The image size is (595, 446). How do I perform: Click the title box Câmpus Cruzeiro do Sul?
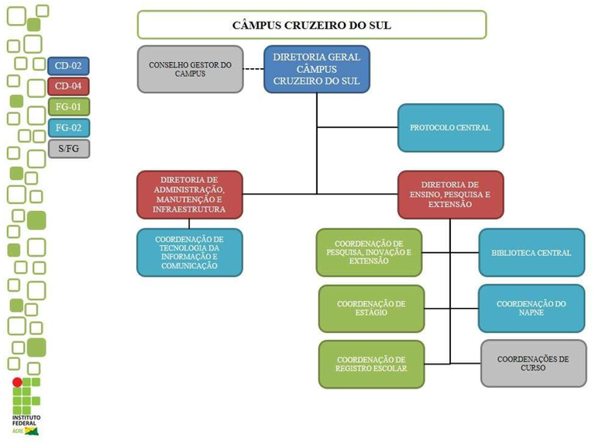[311, 25]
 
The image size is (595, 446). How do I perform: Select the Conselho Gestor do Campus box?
[190, 69]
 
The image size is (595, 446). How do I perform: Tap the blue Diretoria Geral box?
[317, 69]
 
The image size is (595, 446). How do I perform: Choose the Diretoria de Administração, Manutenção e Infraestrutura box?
[190, 195]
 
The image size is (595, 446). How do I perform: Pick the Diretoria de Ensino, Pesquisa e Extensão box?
[450, 195]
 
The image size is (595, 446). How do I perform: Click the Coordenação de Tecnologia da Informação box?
[190, 252]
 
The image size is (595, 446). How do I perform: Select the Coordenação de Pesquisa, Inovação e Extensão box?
[370, 252]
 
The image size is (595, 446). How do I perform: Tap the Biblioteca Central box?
[531, 252]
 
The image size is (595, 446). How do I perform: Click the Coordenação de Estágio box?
[371, 309]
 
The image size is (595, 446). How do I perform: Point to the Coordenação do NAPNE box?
[531, 309]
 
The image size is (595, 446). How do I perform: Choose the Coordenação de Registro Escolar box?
[371, 364]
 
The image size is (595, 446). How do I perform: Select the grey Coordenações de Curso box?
[532, 364]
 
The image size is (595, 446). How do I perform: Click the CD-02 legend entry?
[69, 66]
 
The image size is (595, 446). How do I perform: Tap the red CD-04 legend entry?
[69, 86]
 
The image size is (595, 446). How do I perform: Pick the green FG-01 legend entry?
[69, 107]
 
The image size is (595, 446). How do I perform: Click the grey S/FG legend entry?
[69, 148]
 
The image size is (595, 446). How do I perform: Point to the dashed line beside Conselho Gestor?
[253, 69]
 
